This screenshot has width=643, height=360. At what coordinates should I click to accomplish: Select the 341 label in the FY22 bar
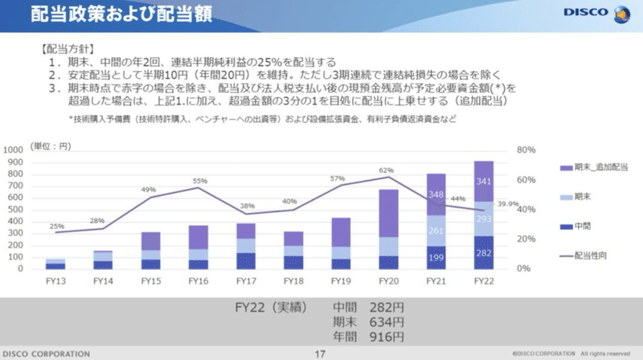click(x=484, y=182)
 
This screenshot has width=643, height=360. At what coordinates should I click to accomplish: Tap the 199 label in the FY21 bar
click(x=436, y=258)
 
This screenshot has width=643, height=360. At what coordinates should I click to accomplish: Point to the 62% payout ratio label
click(x=387, y=170)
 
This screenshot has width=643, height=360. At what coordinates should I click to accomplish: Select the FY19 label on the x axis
click(x=340, y=280)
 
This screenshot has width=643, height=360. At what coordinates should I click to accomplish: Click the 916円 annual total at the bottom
click(x=384, y=337)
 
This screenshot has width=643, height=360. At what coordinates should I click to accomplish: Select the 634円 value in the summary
click(x=384, y=321)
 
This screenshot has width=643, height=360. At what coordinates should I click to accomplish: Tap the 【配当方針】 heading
click(x=68, y=48)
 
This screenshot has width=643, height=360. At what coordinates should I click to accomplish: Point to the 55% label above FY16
click(x=199, y=181)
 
